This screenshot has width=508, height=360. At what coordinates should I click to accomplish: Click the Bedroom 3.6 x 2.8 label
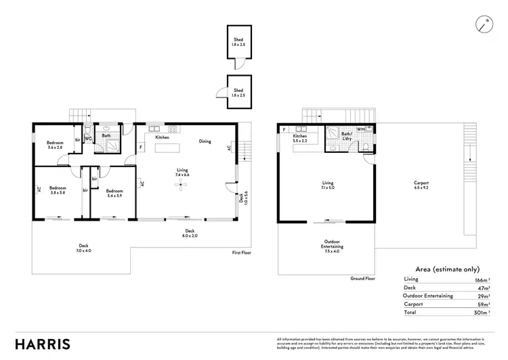(x=55, y=145)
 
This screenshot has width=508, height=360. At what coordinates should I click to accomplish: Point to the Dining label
(x=205, y=141)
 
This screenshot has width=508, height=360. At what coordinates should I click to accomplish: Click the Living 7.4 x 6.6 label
(x=182, y=172)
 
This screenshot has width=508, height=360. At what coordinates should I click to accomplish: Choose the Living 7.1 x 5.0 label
(x=328, y=185)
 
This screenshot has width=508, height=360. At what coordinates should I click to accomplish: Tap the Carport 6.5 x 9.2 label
(x=421, y=185)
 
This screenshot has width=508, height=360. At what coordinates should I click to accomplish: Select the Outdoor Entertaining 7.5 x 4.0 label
(x=332, y=246)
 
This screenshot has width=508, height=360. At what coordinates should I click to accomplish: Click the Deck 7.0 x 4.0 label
(x=83, y=248)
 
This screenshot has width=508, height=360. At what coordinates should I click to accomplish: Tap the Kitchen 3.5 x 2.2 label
(x=300, y=139)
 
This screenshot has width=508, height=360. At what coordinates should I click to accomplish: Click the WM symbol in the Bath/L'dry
(x=360, y=129)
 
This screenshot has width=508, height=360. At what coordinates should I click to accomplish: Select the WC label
(x=88, y=139)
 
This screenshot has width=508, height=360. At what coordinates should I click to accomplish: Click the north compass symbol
(x=484, y=24)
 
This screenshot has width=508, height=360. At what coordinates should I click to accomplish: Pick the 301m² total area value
(x=482, y=313)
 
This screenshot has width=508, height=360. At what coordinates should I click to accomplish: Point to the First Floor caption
(x=242, y=252)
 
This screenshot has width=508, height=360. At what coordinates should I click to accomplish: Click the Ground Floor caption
(x=363, y=278)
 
